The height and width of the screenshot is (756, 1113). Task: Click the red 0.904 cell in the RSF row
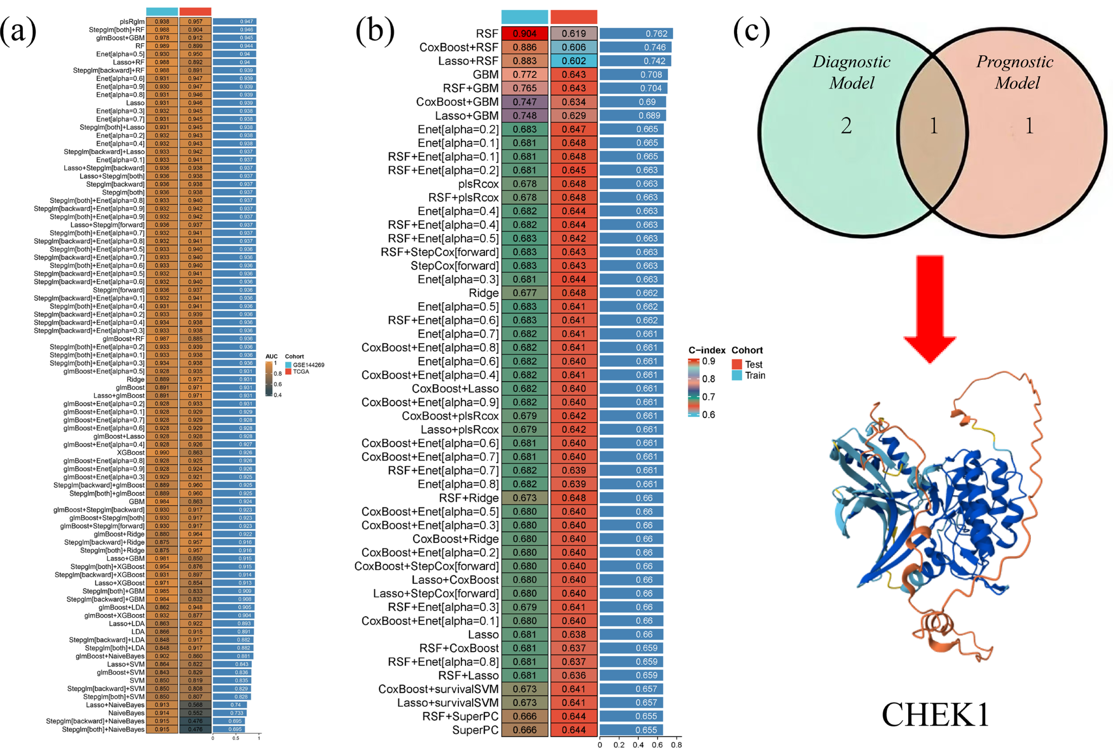[524, 34]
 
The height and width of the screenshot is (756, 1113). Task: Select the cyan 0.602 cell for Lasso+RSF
[573, 61]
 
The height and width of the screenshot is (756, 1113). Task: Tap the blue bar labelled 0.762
[636, 34]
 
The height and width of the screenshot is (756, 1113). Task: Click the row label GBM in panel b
[486, 75]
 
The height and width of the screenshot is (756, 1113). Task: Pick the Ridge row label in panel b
[483, 293]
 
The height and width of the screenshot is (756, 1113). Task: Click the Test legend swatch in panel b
[737, 364]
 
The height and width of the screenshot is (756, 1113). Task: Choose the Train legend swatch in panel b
[737, 375]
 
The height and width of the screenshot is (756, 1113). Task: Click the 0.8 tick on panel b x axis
[676, 745]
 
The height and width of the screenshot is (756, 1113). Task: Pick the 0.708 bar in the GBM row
[633, 75]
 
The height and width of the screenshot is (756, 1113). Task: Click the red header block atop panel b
[573, 17]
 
